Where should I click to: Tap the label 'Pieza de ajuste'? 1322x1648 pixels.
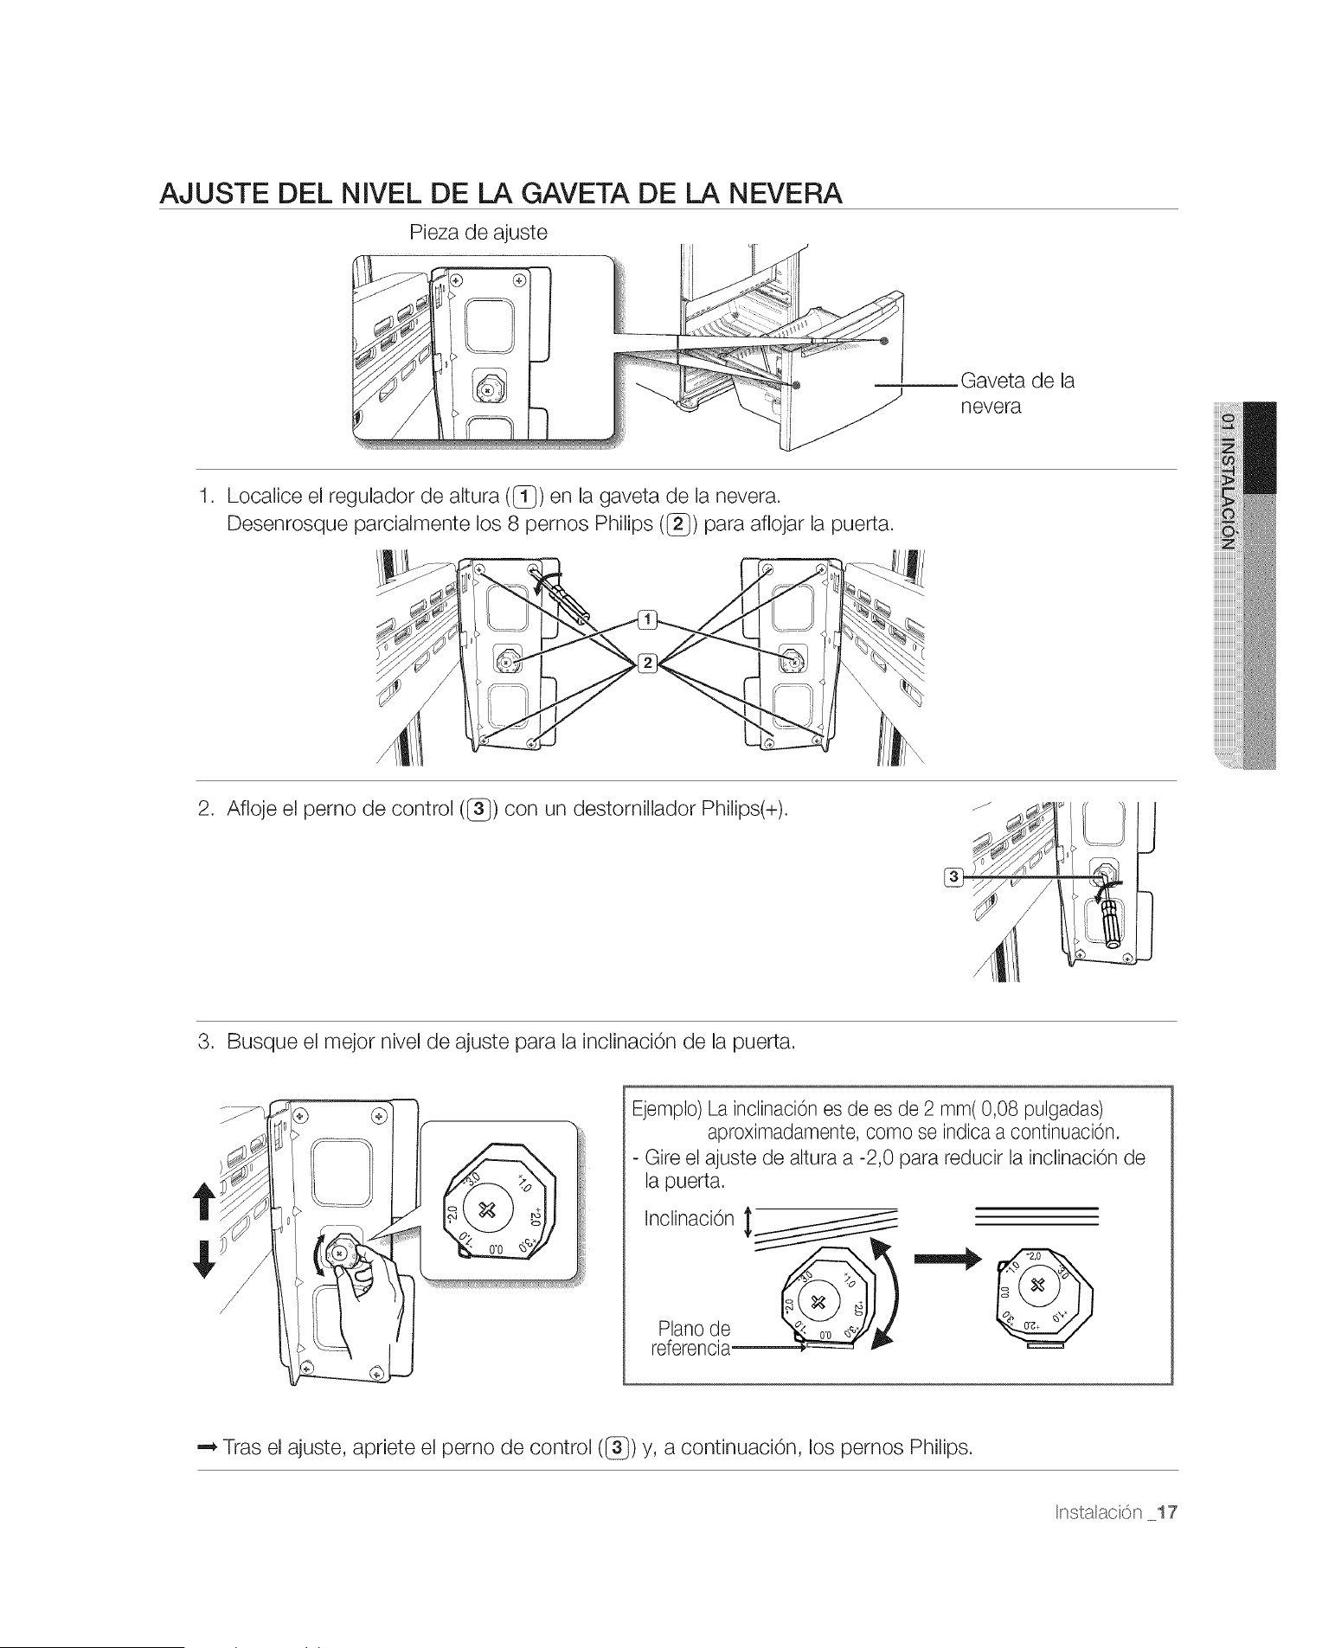click(x=478, y=233)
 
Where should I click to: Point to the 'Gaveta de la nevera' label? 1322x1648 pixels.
click(x=1017, y=394)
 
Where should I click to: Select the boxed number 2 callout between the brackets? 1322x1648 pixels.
click(x=647, y=664)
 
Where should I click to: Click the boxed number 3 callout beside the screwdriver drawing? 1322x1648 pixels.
click(x=954, y=877)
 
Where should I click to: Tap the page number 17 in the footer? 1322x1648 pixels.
click(x=1167, y=1512)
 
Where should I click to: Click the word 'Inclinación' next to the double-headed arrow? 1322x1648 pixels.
click(x=689, y=1219)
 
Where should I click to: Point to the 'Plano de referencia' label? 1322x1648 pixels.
click(x=691, y=1338)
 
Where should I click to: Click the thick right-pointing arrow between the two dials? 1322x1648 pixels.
click(x=950, y=1259)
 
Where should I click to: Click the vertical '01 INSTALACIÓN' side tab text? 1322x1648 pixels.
click(x=1228, y=481)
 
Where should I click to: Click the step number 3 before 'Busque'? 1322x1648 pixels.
click(x=204, y=1042)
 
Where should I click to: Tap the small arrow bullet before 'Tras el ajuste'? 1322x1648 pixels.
click(x=207, y=1447)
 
